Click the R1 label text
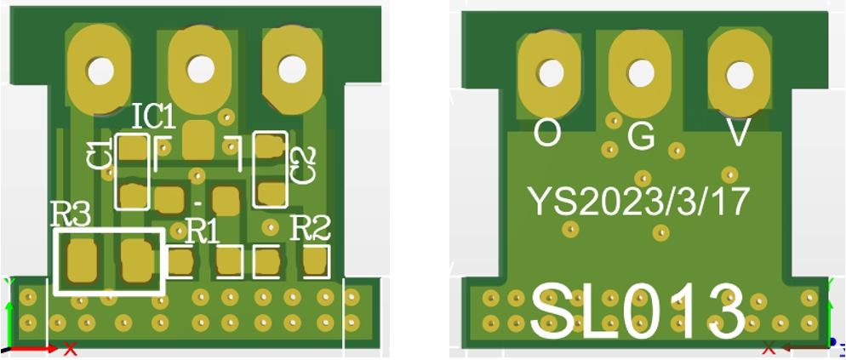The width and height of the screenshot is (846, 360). coord(202,230)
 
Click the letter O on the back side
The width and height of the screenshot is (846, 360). coord(547,133)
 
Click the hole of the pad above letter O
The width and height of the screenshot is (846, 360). coord(552,72)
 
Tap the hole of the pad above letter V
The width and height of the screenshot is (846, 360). coord(738,75)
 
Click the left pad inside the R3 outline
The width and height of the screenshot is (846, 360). coord(83,260)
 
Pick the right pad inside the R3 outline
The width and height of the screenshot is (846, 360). coord(136,260)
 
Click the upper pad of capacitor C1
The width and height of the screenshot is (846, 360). coord(133,151)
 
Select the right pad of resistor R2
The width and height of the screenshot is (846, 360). coord(316,260)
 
